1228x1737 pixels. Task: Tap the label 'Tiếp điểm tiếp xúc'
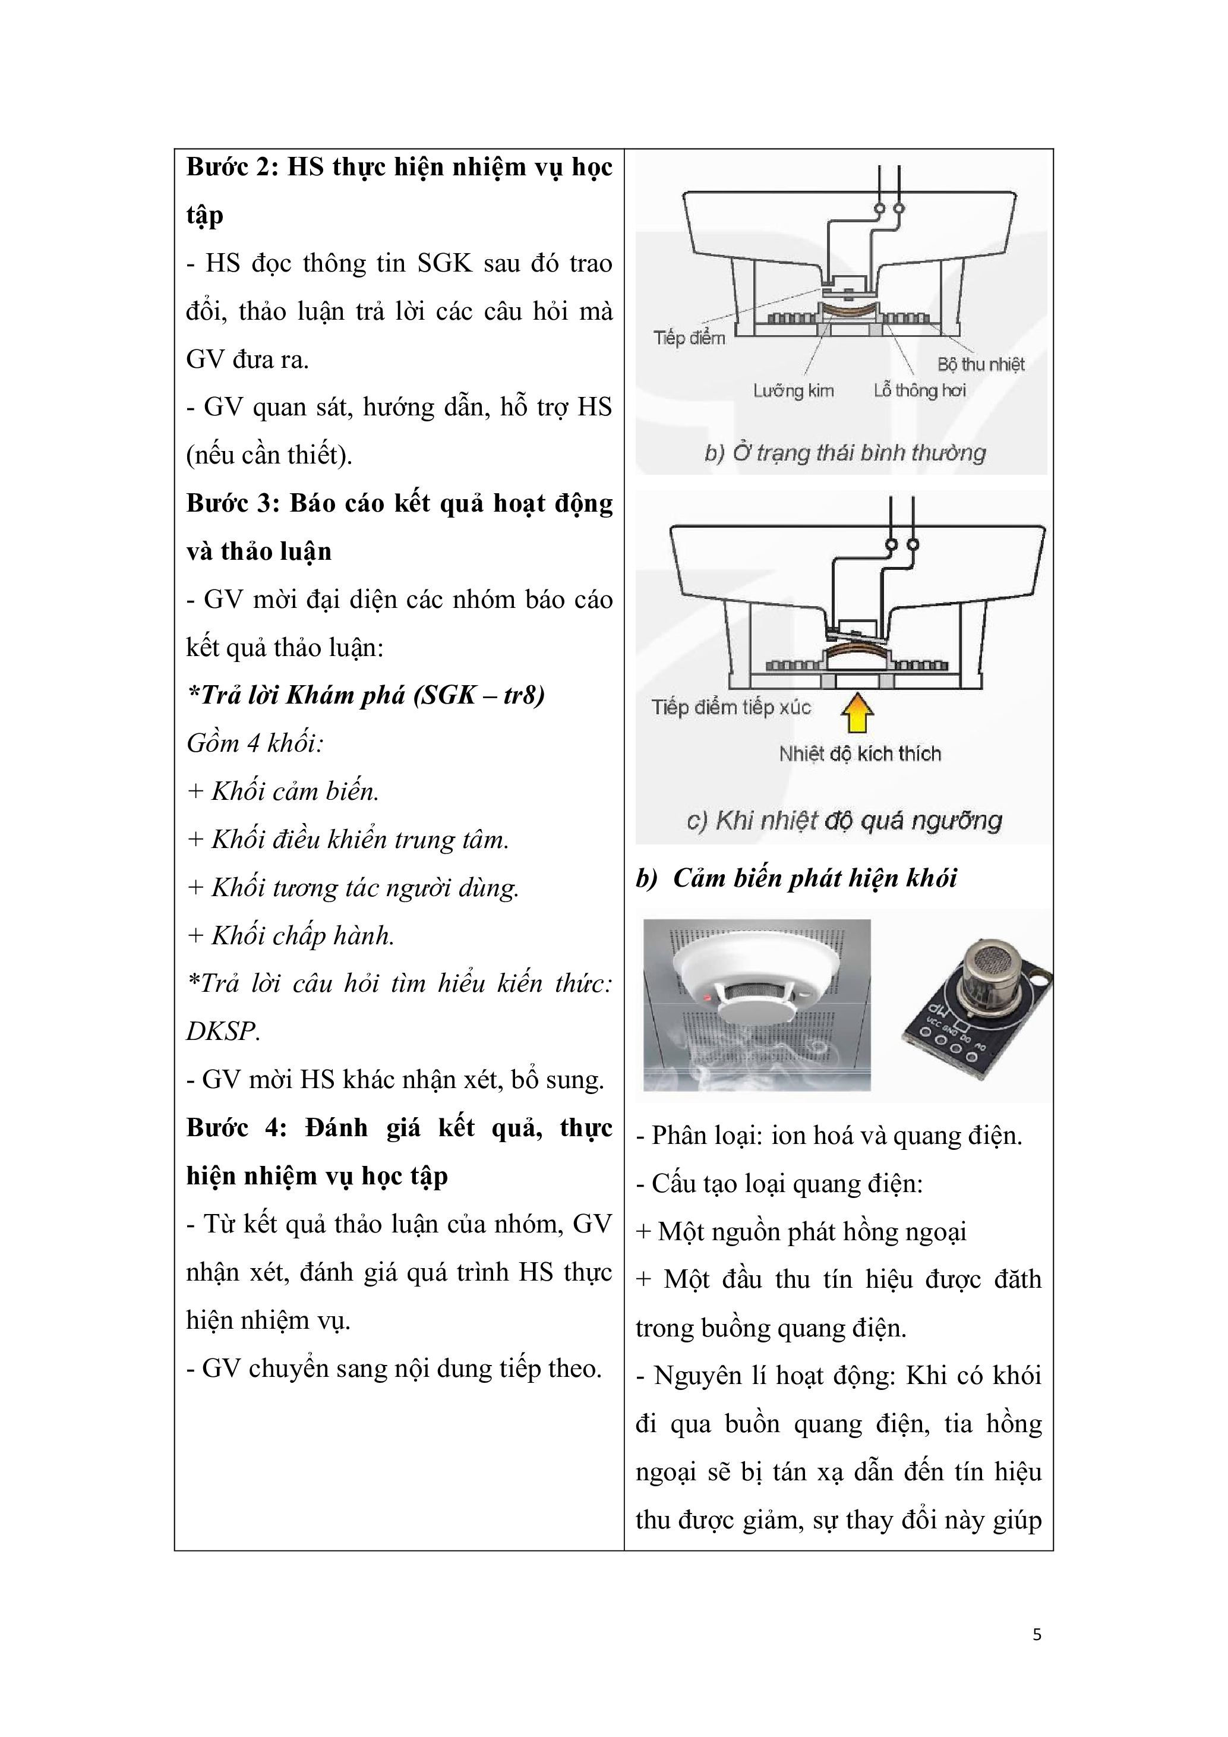[x=731, y=707]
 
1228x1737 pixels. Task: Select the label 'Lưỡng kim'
[x=793, y=390]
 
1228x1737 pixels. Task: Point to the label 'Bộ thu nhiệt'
[x=981, y=365]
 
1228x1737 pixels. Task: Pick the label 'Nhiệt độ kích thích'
[x=860, y=754]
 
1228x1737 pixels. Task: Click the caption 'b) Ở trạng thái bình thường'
[x=845, y=453]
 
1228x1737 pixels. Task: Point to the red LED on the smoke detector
[x=708, y=997]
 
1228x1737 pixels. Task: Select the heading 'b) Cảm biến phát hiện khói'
[x=796, y=878]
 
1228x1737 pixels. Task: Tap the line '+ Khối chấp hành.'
[x=291, y=936]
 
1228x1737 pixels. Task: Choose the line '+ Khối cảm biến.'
[x=283, y=792]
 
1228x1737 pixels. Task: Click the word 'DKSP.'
[x=223, y=1031]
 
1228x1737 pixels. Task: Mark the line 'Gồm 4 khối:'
[x=255, y=743]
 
